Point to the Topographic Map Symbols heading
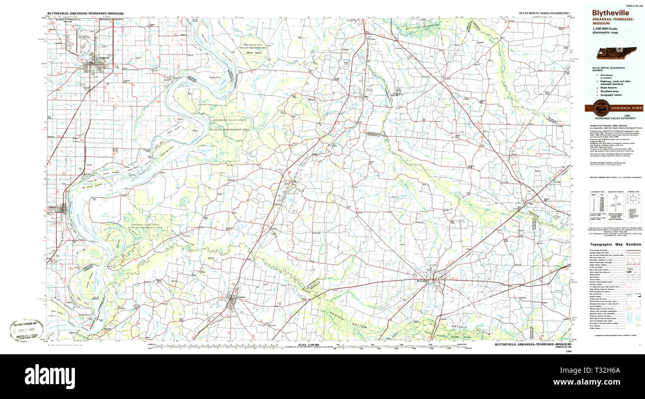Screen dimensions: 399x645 (615, 244)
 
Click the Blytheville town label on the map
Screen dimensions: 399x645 (103, 58)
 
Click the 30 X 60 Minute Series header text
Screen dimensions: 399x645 (542, 12)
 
